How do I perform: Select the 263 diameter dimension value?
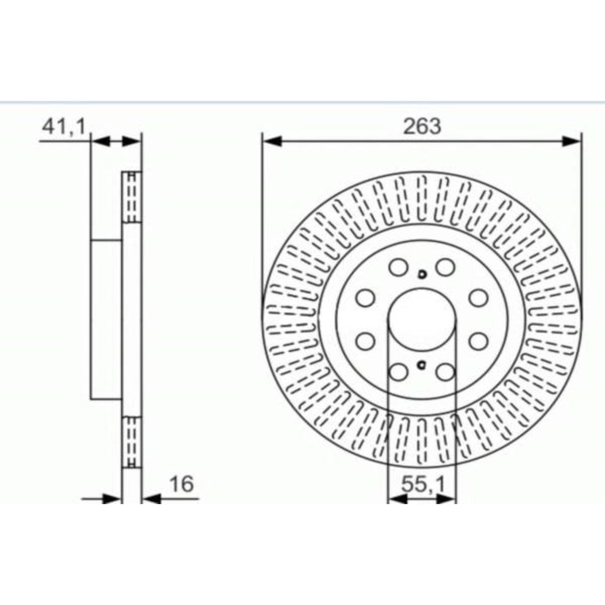421,126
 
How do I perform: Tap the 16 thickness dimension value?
181,485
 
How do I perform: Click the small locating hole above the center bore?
421,275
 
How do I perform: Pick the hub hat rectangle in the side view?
106,320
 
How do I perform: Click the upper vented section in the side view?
132,196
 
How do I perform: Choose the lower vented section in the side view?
132,443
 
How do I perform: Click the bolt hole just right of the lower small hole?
445,372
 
